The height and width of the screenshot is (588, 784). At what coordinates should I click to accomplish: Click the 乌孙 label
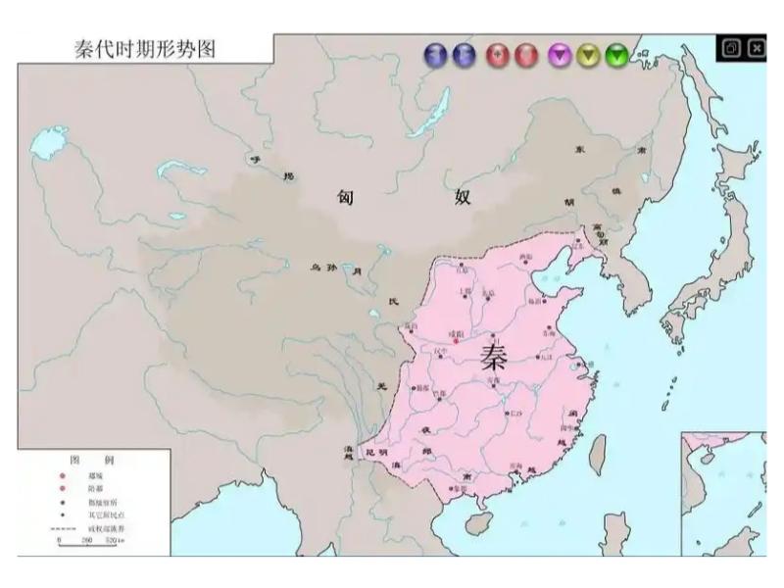click(x=323, y=267)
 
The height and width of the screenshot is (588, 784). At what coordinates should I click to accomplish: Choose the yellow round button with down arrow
click(x=588, y=55)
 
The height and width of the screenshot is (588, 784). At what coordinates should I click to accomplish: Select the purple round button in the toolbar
click(x=560, y=55)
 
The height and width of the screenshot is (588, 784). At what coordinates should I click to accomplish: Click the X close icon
click(x=757, y=47)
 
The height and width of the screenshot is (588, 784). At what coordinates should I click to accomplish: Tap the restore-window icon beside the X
click(x=731, y=47)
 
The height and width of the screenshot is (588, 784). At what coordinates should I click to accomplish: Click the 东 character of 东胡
click(x=579, y=149)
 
